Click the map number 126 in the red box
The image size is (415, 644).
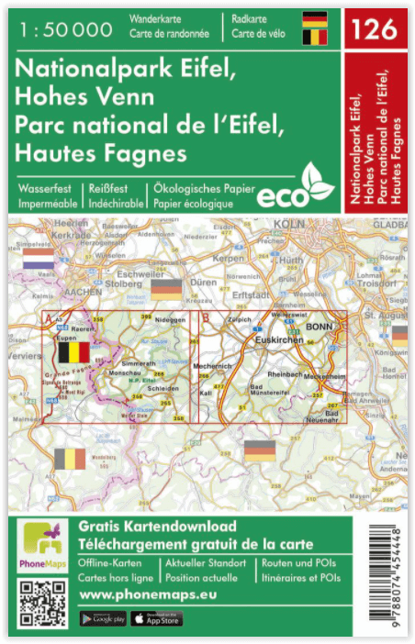(376, 28)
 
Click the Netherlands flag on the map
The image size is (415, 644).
(39, 263)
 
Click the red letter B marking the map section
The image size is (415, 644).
(206, 320)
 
